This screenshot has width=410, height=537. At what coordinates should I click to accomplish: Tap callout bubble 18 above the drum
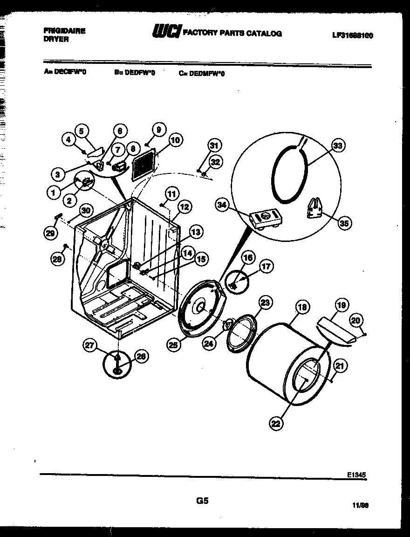tap(303, 307)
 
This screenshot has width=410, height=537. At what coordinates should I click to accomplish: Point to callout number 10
tap(176, 139)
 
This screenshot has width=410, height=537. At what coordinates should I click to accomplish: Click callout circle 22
tap(276, 423)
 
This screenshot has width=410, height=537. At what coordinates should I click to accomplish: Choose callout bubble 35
tap(344, 223)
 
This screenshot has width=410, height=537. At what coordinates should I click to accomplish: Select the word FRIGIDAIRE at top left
tap(65, 31)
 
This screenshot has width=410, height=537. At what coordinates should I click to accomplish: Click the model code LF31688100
tap(353, 35)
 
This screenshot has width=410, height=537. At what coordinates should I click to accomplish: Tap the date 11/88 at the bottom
tap(360, 505)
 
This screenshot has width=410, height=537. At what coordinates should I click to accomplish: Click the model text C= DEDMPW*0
tap(201, 73)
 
